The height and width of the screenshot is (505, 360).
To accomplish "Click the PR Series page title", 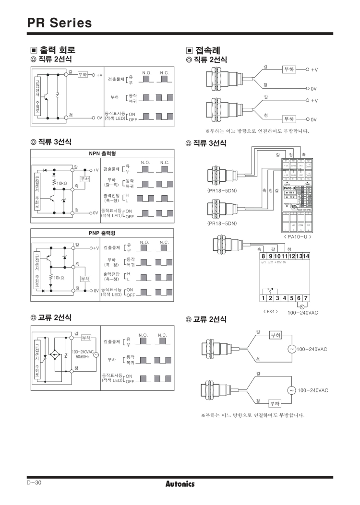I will pyautogui.click(x=59, y=23).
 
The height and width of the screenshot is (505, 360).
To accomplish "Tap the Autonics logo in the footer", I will pyautogui.click(x=180, y=483).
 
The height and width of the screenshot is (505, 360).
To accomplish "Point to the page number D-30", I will pyautogui.click(x=35, y=483).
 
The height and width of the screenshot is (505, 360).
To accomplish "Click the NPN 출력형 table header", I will pyautogui.click(x=102, y=153).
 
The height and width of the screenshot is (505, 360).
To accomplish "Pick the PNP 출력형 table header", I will pyautogui.click(x=102, y=234).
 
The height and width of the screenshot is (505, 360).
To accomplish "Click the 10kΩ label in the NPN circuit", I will pyautogui.click(x=63, y=183).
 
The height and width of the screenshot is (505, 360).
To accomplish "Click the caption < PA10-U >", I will pyautogui.click(x=298, y=236).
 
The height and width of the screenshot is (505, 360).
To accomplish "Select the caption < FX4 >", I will pyautogui.click(x=271, y=311).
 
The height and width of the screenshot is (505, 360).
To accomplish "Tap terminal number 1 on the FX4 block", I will pyautogui.click(x=264, y=298).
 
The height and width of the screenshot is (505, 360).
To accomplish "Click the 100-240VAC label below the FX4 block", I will pyautogui.click(x=303, y=312).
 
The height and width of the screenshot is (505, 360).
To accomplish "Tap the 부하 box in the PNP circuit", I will pyautogui.click(x=85, y=279).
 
